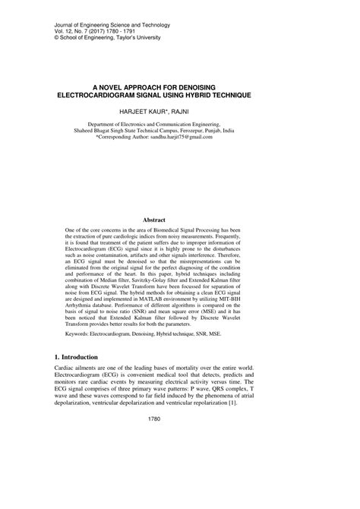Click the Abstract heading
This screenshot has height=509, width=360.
(180, 219)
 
